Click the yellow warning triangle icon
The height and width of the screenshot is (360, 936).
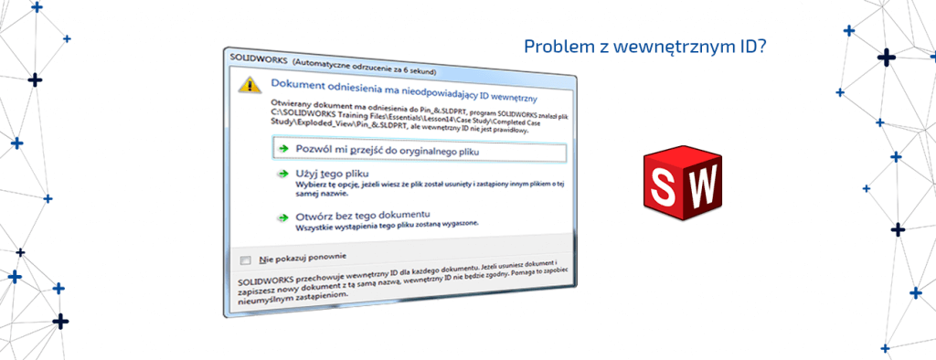coord(247,84)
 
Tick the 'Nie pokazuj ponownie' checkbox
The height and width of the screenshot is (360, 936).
coord(245,259)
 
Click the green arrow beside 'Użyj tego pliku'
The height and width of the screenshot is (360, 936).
coord(283,174)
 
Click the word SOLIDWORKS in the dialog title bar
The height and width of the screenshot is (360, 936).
coord(260,58)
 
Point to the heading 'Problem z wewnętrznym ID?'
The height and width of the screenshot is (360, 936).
coord(644,45)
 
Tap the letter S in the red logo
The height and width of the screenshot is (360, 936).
coord(665,186)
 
